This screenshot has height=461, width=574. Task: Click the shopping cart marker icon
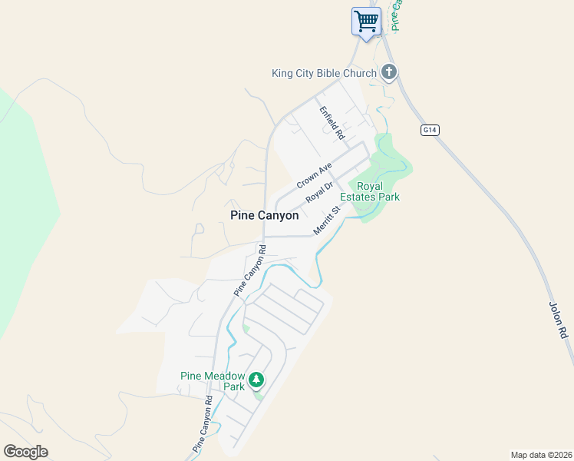[366, 21]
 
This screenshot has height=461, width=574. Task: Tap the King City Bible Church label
[324, 74]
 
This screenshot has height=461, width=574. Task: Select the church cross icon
[389, 74]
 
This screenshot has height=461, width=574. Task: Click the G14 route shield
[430, 130]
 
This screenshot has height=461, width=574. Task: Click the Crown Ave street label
[314, 175]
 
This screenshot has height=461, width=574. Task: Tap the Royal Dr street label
[319, 193]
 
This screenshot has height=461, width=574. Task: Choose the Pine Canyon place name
[265, 216]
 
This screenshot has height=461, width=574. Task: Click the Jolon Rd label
[557, 320]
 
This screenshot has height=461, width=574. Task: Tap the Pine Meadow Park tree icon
[256, 380]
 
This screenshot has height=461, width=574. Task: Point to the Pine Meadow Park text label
[213, 381]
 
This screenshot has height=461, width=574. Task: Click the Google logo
[25, 452]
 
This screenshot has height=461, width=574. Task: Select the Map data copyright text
[541, 454]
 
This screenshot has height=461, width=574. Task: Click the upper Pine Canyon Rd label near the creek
[251, 270]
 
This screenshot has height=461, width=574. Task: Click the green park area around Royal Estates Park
[391, 165]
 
